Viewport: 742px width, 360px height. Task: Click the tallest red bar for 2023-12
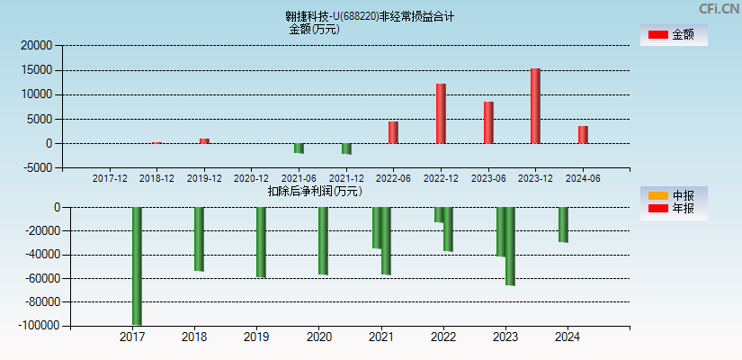click(x=535, y=105)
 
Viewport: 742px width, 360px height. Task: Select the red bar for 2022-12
click(x=441, y=113)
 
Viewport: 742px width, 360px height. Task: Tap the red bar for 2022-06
click(x=393, y=132)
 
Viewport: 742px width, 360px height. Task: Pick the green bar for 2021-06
click(x=299, y=148)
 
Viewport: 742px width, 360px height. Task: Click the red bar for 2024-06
click(x=583, y=134)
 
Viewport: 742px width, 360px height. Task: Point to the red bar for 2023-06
click(x=488, y=122)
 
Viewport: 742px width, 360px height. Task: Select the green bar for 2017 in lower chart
click(x=137, y=265)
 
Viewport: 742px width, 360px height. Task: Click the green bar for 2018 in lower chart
click(x=199, y=239)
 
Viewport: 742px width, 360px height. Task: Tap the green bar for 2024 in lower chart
click(x=563, y=225)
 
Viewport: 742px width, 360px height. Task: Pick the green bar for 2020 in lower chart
click(x=323, y=241)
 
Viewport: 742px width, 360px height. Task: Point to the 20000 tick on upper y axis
click(x=37, y=45)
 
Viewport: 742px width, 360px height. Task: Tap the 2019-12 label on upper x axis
click(x=204, y=178)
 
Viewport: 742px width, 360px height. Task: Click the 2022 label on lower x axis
click(x=443, y=337)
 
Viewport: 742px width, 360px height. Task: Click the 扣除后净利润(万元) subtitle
click(x=315, y=191)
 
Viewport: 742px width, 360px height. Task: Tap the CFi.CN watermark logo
click(x=718, y=9)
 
